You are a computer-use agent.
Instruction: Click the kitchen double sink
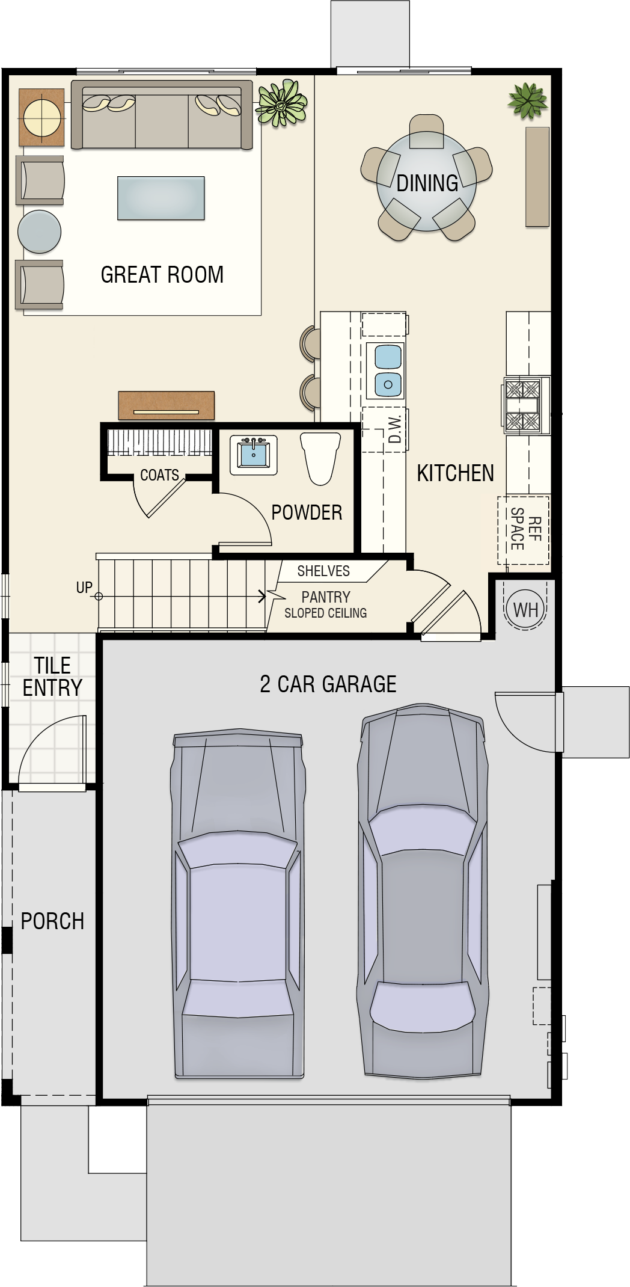(x=388, y=370)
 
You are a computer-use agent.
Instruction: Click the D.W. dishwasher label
(x=395, y=429)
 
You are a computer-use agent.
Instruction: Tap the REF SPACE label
(x=525, y=529)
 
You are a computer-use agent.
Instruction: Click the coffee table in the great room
(x=161, y=198)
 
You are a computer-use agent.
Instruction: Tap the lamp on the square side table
(x=41, y=117)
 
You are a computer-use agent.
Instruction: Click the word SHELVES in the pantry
(x=323, y=571)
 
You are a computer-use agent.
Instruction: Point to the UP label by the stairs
(x=84, y=588)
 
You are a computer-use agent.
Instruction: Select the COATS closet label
(x=159, y=475)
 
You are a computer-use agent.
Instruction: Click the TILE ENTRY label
(x=52, y=677)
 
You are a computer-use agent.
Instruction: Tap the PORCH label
(x=52, y=921)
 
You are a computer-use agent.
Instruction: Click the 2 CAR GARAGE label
(x=328, y=684)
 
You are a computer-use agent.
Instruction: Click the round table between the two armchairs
(x=40, y=232)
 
